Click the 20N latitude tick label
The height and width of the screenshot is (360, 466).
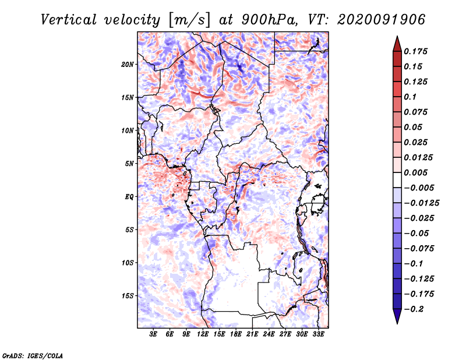(x=128, y=64)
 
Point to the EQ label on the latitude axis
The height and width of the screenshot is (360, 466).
(x=129, y=197)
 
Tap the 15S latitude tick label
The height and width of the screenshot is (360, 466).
(x=128, y=296)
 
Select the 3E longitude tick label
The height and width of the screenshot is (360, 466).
(x=153, y=334)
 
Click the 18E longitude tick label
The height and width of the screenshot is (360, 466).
(x=235, y=334)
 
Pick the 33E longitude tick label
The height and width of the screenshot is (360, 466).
(x=318, y=334)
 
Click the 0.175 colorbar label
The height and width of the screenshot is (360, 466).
(x=415, y=51)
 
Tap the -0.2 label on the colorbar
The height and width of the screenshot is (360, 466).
(x=414, y=309)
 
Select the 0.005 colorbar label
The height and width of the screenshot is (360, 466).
(x=415, y=172)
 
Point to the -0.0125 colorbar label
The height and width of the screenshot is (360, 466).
(x=421, y=203)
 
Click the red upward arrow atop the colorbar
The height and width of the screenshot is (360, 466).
(x=397, y=44)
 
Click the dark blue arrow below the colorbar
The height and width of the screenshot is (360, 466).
(x=397, y=316)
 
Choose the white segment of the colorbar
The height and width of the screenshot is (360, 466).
(x=397, y=180)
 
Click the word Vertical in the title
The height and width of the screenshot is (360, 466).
(x=69, y=20)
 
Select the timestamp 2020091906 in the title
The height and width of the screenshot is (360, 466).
(x=382, y=20)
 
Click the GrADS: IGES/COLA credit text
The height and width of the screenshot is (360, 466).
(x=33, y=356)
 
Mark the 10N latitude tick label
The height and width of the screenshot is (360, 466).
(x=128, y=130)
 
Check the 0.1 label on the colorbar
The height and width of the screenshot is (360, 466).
(x=410, y=97)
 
